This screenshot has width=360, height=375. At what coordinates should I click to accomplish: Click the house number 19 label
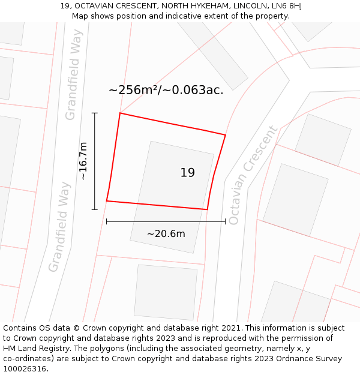[188, 173]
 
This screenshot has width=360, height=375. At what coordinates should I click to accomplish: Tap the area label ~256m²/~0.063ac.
[166, 90]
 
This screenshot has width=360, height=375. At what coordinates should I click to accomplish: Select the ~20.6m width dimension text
[166, 234]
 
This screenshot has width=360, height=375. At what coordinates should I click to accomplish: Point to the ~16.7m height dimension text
[83, 161]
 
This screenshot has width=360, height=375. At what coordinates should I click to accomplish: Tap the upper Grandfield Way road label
[73, 82]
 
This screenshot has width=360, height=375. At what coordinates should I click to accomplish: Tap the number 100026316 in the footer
[24, 369]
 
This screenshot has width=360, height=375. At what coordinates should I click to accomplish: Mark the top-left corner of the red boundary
[120, 113]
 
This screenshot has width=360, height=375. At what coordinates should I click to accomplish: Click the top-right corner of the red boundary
[226, 135]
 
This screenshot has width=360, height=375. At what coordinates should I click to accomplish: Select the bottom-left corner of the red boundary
[107, 200]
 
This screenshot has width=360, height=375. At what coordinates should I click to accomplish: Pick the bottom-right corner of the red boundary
[207, 209]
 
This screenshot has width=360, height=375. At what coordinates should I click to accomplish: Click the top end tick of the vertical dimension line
[94, 113]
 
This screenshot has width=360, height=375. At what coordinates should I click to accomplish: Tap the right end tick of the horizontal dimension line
[226, 221]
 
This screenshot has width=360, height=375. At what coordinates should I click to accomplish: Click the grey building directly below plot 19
[166, 292]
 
